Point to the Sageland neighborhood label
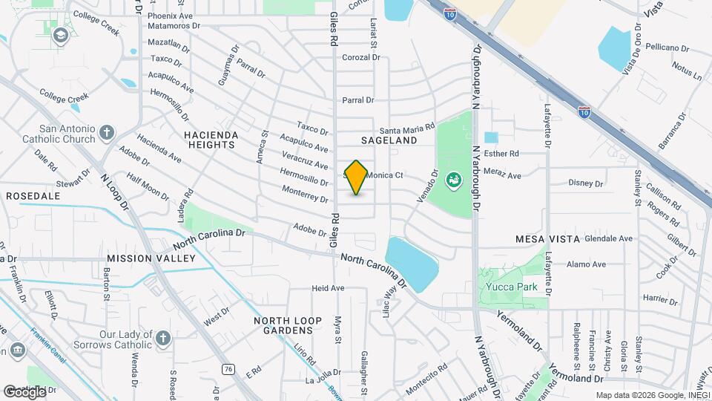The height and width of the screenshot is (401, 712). pos(389,140)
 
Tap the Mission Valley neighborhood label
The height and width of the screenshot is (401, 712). pos(151,258)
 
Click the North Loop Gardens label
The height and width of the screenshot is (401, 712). pos(288,325)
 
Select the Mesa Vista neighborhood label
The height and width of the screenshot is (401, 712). pos(547,240)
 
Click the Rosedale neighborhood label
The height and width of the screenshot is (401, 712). pos(33,195)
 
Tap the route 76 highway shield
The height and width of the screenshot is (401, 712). pos(228,368)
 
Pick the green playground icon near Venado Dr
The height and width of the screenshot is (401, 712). pos(452,179)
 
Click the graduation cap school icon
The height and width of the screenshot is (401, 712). pos(59,35)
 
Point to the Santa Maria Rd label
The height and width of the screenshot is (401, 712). pos(407,128)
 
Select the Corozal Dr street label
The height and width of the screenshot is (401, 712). pos(360,57)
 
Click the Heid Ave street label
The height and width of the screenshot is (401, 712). pos(329,288)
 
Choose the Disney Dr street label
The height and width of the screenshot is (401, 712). pos(586,183)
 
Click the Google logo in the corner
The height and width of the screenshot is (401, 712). pos(24,391)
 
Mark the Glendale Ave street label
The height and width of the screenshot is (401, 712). pos(608,239)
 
